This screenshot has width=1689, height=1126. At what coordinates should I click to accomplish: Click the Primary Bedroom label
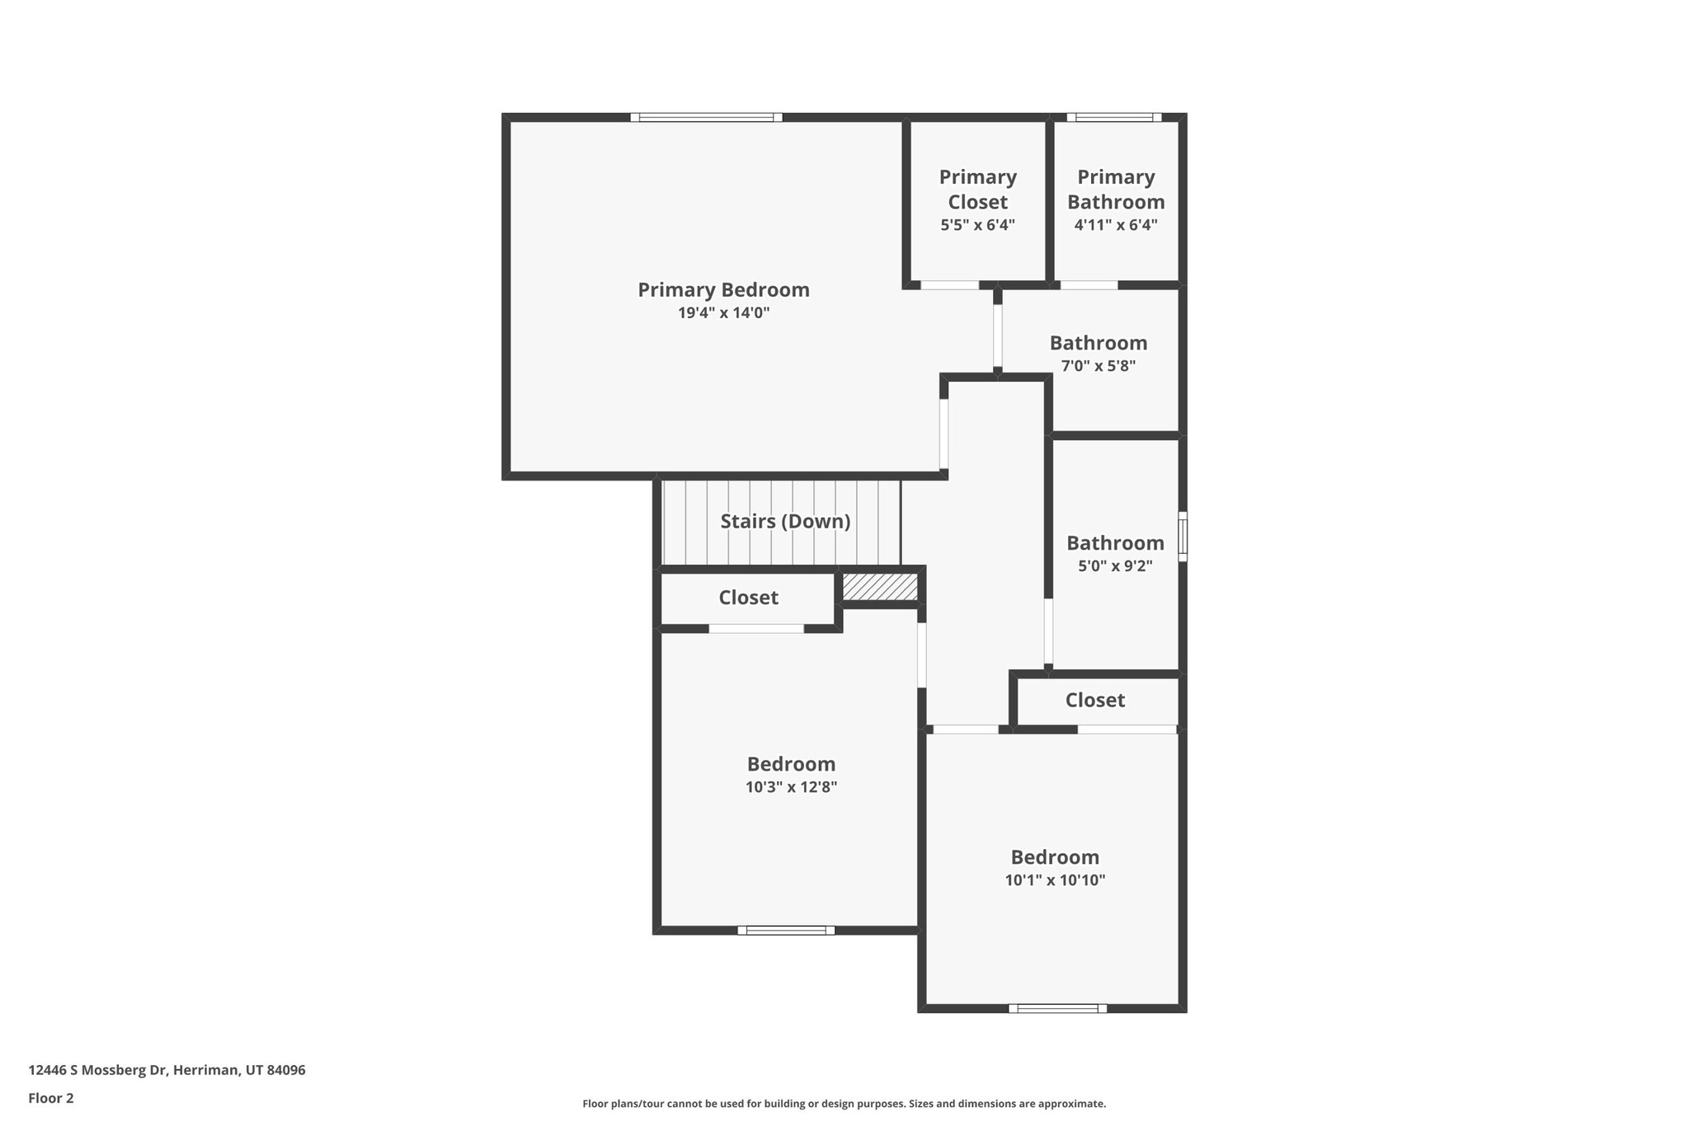click(x=723, y=290)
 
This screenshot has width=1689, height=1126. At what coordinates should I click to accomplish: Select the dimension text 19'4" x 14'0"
click(x=723, y=313)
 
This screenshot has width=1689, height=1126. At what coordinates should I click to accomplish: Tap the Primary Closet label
click(x=977, y=190)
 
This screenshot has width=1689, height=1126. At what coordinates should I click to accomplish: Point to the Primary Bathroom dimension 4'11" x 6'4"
click(x=1115, y=225)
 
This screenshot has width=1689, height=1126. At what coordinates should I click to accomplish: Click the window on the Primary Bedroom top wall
click(x=706, y=118)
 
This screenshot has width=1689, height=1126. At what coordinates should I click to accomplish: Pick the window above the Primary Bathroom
click(x=1113, y=118)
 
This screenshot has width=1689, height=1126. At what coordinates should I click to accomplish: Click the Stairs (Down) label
click(x=784, y=522)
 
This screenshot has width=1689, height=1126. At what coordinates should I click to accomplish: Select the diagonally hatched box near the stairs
click(x=879, y=587)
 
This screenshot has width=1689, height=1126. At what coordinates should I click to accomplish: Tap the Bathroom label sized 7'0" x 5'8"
click(x=1098, y=343)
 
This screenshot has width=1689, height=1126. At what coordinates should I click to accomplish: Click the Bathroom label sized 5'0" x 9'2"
click(x=1115, y=543)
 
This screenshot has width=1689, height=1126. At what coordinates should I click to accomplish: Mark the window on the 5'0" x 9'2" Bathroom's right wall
click(x=1182, y=537)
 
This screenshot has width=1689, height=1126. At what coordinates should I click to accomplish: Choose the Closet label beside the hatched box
click(x=748, y=598)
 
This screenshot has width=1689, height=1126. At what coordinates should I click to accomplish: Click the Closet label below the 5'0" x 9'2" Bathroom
click(x=1094, y=700)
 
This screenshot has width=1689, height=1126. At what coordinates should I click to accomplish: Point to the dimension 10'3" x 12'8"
click(x=791, y=787)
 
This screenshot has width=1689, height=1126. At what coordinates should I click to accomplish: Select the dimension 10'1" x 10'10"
click(x=1055, y=880)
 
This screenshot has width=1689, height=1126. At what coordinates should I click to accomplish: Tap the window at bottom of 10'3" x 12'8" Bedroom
click(x=785, y=931)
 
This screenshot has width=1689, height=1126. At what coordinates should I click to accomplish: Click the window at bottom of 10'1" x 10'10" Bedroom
click(x=1056, y=1008)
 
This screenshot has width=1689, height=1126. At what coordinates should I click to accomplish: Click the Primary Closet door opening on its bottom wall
click(x=949, y=285)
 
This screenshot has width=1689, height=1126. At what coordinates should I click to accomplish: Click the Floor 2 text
click(x=51, y=1099)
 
